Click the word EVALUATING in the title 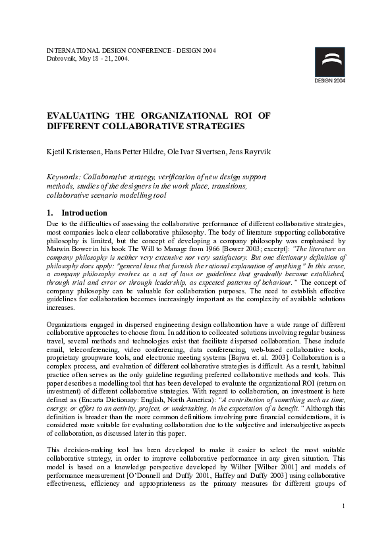[80, 115]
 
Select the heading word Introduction [84, 213]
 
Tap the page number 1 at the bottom [344, 525]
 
